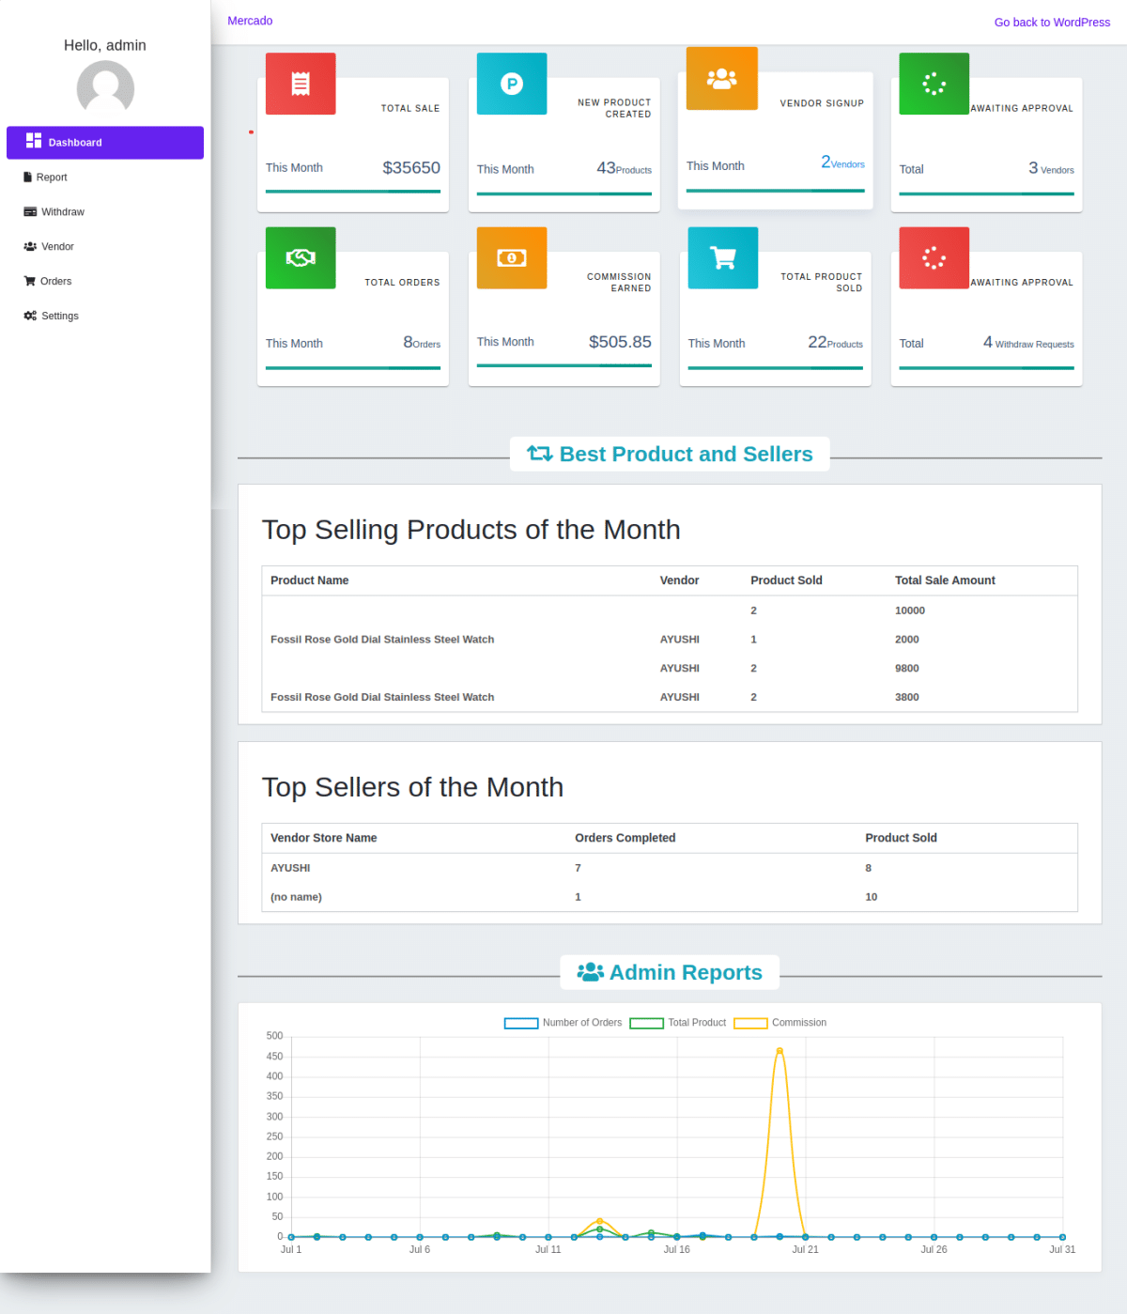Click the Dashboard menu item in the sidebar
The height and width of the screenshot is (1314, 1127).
pyautogui.click(x=104, y=143)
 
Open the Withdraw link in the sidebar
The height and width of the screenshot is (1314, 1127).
pyautogui.click(x=62, y=212)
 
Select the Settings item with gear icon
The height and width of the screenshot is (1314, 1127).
pyautogui.click(x=59, y=317)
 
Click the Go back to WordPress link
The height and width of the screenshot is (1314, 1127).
pyautogui.click(x=1051, y=23)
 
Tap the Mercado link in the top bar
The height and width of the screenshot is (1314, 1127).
pyautogui.click(x=250, y=21)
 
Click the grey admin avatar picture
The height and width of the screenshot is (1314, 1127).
pyautogui.click(x=105, y=88)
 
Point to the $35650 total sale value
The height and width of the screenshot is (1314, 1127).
pyautogui.click(x=411, y=168)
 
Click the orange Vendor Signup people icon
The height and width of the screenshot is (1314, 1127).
pyautogui.click(x=721, y=79)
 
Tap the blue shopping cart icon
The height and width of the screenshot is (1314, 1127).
pyautogui.click(x=722, y=257)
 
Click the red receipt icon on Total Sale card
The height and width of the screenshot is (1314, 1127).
pyautogui.click(x=301, y=85)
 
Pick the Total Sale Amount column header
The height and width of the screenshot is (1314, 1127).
pyautogui.click(x=945, y=580)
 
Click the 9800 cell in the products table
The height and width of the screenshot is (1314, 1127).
pyautogui.click(x=906, y=669)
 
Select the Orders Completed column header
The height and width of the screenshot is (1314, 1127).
pyautogui.click(x=625, y=838)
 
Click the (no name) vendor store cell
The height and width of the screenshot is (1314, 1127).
pyautogui.click(x=296, y=897)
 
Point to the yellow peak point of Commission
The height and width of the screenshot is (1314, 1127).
pyautogui.click(x=780, y=1051)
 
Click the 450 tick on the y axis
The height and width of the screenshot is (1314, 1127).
pyautogui.click(x=274, y=1057)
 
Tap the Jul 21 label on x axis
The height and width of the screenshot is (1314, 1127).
pyautogui.click(x=805, y=1250)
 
